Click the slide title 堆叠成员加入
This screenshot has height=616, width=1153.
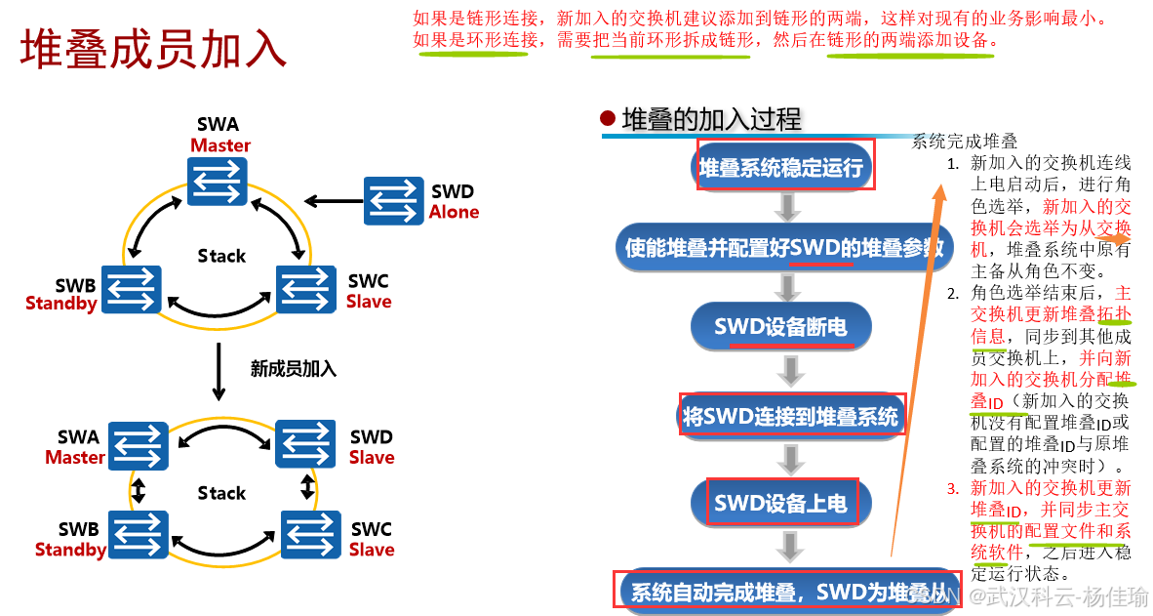click(153, 49)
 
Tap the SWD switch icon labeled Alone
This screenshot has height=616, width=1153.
click(393, 200)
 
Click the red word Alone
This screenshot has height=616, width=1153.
click(454, 212)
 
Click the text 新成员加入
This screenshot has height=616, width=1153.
click(293, 368)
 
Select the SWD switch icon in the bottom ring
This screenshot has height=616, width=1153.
click(306, 445)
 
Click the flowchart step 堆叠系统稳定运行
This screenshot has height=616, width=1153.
click(781, 168)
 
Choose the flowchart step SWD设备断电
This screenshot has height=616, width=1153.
click(780, 327)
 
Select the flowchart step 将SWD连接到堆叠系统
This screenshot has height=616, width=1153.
click(790, 417)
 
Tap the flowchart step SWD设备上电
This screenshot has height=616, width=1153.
click(780, 504)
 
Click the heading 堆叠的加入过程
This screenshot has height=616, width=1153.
click(711, 120)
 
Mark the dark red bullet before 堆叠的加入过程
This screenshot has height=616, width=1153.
click(608, 119)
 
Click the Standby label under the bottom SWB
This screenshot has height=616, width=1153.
click(70, 550)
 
